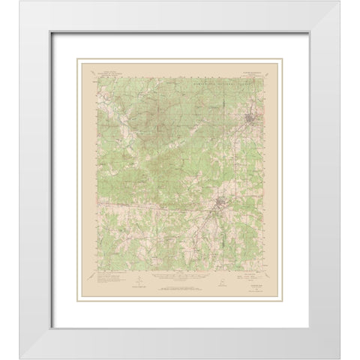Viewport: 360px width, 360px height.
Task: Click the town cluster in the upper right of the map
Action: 249,116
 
